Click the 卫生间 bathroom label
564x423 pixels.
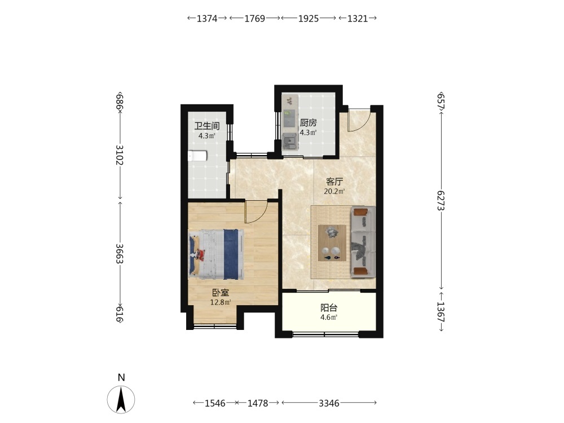click(x=207, y=126)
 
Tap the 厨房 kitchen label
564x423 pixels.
click(x=309, y=123)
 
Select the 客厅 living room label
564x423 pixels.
click(x=334, y=182)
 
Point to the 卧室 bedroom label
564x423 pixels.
click(x=221, y=293)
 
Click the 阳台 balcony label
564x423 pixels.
click(x=329, y=308)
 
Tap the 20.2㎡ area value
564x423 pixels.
click(x=334, y=191)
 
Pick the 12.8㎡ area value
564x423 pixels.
click(x=221, y=302)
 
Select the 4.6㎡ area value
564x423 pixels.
click(x=329, y=318)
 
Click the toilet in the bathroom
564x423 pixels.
click(x=197, y=156)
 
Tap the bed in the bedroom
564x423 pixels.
click(x=217, y=254)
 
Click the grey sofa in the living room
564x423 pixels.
click(x=363, y=242)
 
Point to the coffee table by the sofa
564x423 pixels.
click(x=332, y=243)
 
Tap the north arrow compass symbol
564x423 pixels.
click(x=121, y=399)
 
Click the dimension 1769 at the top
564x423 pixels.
click(x=255, y=19)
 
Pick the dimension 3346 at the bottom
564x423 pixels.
click(x=329, y=403)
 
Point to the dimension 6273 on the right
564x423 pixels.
click(x=442, y=201)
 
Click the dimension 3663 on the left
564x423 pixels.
click(x=120, y=254)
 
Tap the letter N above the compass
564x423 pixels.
click(x=121, y=378)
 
